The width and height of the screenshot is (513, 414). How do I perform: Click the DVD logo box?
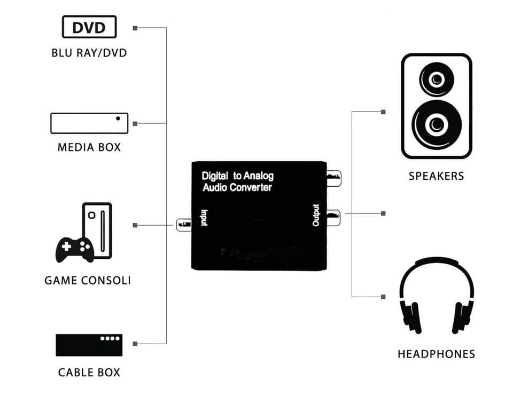click(89, 27)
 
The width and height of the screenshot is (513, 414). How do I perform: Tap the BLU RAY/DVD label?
click(89, 53)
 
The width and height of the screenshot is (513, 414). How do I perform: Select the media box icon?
click(89, 123)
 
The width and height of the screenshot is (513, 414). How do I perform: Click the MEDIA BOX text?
click(89, 147)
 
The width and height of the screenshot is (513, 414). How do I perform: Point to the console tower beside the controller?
click(97, 229)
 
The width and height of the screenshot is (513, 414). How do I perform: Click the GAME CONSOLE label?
click(88, 280)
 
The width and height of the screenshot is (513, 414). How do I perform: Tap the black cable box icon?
click(89, 345)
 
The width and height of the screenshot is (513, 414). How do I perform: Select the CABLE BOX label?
click(89, 372)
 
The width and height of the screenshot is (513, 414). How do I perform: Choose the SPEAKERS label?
click(437, 176)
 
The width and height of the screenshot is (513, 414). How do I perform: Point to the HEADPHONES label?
click(437, 354)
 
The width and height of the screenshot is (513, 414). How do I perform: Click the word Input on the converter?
click(204, 218)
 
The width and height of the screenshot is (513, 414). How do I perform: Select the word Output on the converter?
click(316, 215)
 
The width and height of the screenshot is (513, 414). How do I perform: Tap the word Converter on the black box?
click(251, 188)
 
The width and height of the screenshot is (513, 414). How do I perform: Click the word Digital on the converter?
click(215, 176)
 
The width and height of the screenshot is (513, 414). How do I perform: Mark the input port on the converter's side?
click(184, 225)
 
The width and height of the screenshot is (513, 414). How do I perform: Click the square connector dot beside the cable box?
click(135, 344)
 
